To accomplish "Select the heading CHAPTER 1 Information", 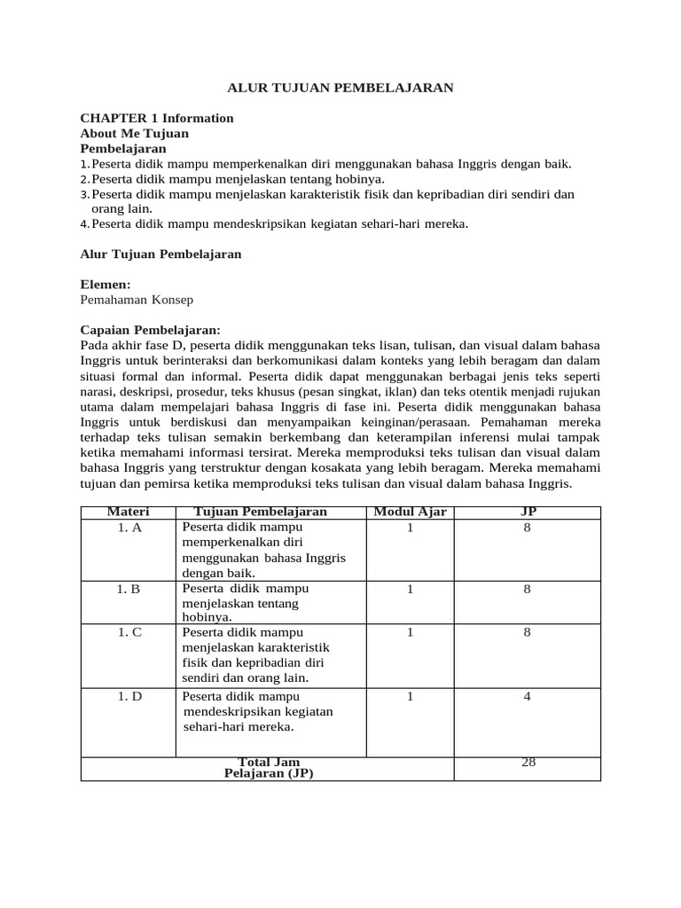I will coord(157,118).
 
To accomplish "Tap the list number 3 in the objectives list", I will coord(84,194).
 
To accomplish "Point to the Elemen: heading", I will coord(106,285).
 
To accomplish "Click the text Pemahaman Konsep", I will coord(137,300).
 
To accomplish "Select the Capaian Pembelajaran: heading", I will coord(150,330).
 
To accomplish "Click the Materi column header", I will coord(129,512).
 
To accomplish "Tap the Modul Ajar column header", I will coord(411,512).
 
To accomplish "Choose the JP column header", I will coord(527,512).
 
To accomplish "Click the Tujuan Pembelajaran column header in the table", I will coord(260,512).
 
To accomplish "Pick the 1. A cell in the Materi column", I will coord(129,528).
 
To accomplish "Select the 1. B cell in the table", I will coord(129,588).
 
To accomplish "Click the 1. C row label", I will coord(129,633).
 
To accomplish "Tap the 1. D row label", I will coord(129,697).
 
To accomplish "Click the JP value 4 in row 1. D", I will coord(527,697).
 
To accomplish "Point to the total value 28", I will coord(528,762).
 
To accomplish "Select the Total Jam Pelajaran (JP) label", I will coord(269,767).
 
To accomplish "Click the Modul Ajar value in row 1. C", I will coord(410,633).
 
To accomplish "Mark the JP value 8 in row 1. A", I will coord(527,528).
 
